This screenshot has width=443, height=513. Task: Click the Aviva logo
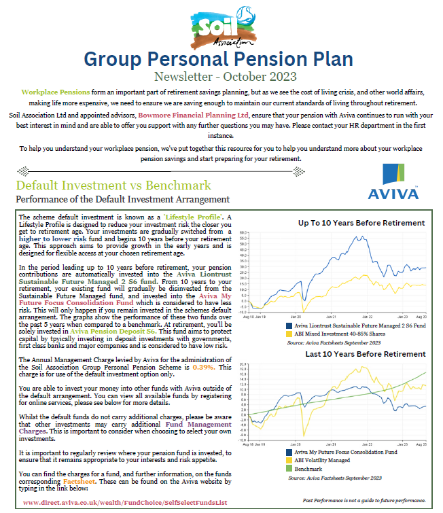[x=393, y=182]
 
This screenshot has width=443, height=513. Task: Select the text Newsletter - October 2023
[x=221, y=77]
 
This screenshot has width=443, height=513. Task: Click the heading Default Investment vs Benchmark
[x=113, y=185]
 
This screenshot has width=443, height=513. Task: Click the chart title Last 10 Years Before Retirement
[x=361, y=354]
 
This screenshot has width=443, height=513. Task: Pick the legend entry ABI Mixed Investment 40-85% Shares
[x=340, y=334]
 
